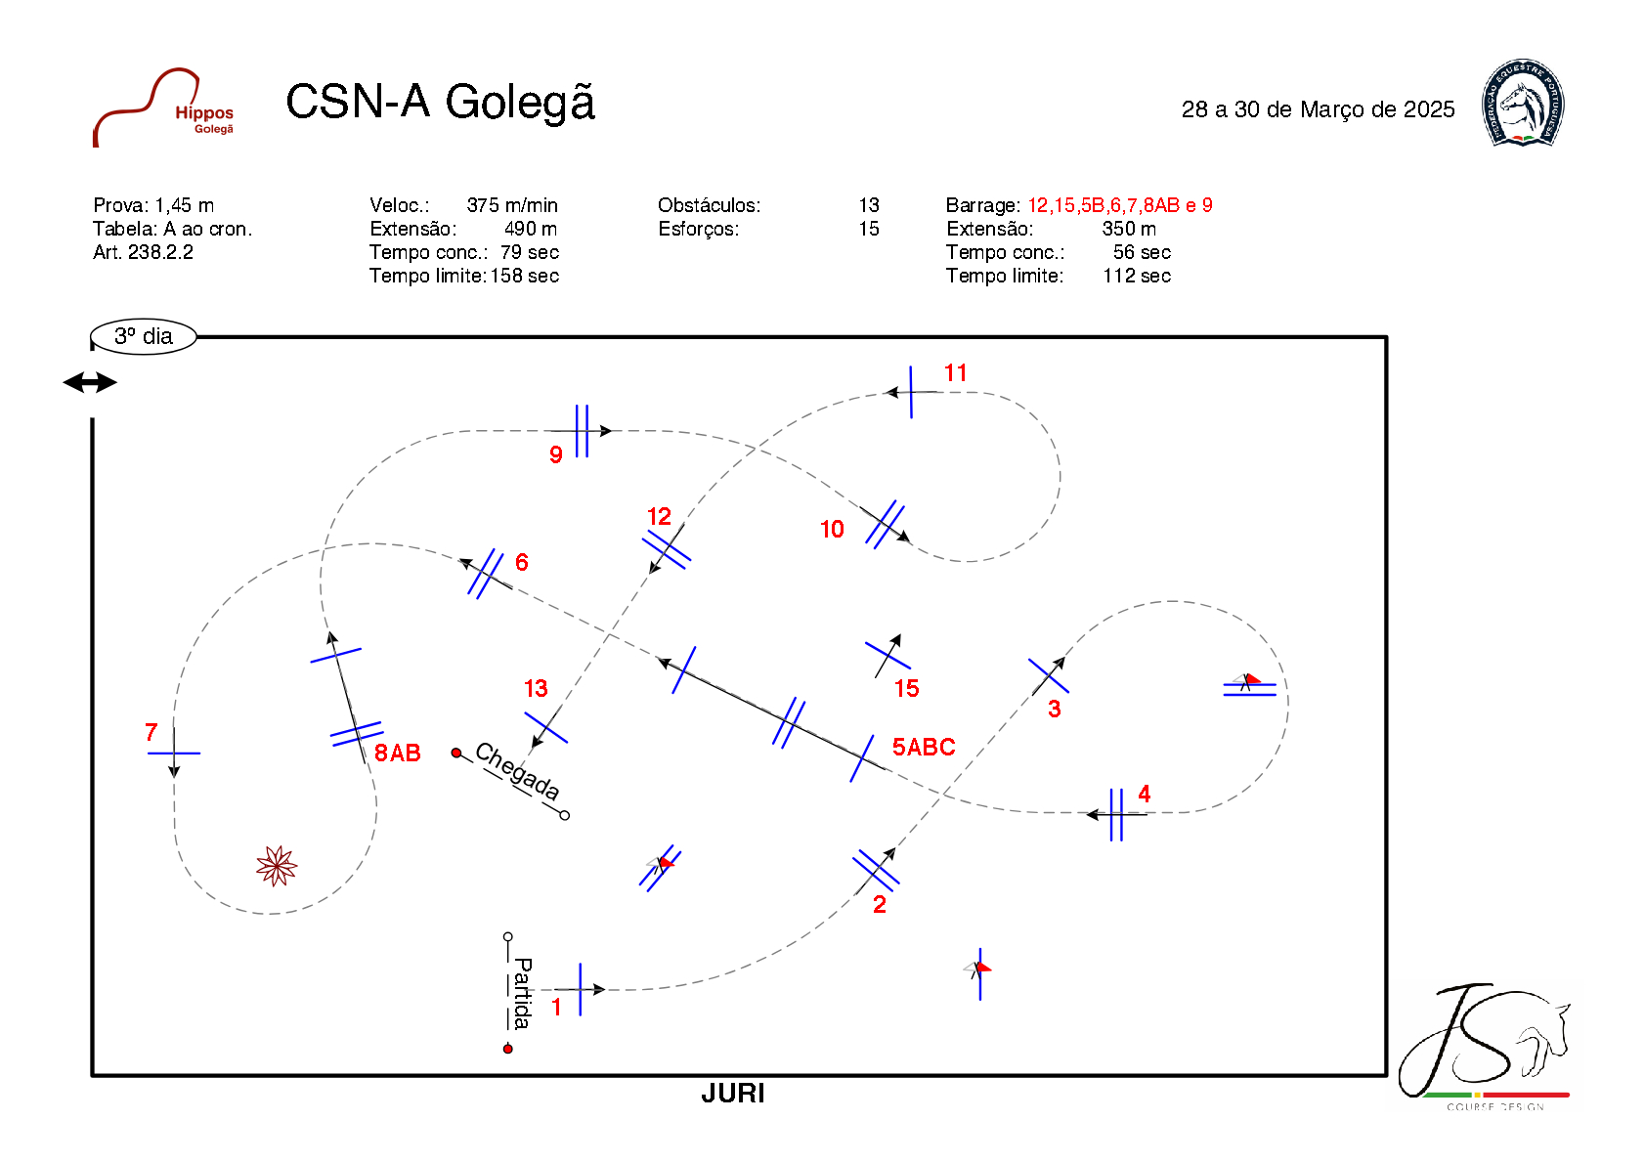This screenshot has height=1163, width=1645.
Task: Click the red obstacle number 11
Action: (x=955, y=373)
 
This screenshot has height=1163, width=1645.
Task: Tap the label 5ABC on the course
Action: (x=923, y=748)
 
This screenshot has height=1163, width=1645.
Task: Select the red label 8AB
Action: (x=397, y=754)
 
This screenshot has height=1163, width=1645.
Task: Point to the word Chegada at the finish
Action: (x=516, y=772)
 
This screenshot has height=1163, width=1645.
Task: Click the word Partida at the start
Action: (x=522, y=993)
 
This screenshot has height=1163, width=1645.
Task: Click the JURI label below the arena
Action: (x=732, y=1094)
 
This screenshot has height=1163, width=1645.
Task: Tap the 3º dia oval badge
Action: (x=144, y=336)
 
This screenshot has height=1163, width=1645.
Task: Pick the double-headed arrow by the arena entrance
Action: (x=90, y=382)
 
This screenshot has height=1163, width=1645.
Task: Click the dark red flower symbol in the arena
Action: (x=276, y=866)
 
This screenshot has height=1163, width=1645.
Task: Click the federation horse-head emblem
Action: (x=1522, y=104)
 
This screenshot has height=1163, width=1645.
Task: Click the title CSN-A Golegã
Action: (x=440, y=102)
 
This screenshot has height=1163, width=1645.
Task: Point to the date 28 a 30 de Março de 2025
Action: (x=1318, y=109)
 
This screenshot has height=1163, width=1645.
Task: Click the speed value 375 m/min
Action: (x=512, y=205)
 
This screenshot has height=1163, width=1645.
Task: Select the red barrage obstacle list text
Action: (x=1119, y=205)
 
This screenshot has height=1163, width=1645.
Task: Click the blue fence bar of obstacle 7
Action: (x=174, y=754)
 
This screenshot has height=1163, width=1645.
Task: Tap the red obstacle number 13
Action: (x=536, y=689)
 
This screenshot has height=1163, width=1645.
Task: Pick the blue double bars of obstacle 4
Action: (x=1116, y=814)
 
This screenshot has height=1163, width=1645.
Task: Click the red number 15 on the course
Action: (x=906, y=689)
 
